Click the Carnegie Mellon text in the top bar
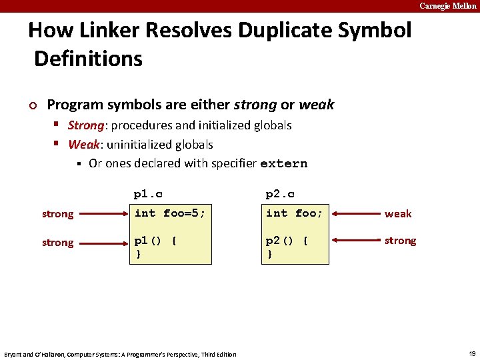448,6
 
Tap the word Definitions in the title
88,59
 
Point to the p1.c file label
148,194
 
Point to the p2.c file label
280,194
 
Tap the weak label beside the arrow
398,214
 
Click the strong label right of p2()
400,241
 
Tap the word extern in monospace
284,163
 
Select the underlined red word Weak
83,145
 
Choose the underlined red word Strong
86,125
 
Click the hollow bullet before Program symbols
32,105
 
